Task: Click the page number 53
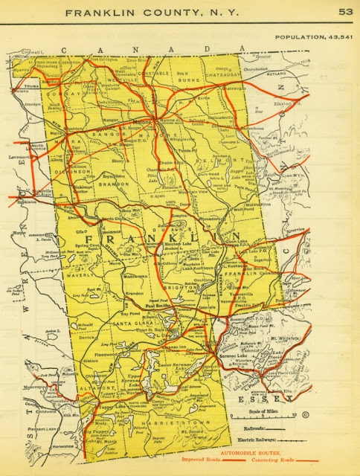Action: pos(345,11)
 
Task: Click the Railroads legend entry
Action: pos(249,429)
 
